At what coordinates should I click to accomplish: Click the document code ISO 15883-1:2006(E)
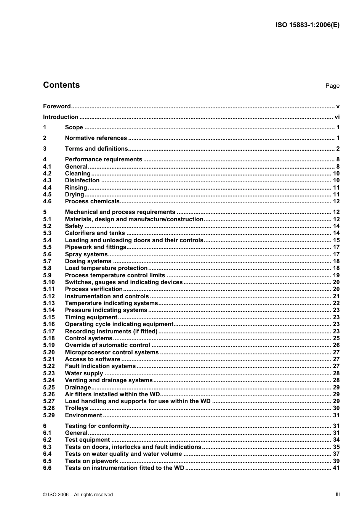[x=307, y=25]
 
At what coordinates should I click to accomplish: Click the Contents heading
[x=61, y=85]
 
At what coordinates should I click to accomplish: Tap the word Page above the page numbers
[x=332, y=86]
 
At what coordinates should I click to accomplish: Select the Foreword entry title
[x=57, y=106]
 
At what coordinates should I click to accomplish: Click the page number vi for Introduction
[x=337, y=117]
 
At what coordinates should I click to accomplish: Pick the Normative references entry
[x=96, y=138]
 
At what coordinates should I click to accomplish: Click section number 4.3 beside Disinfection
[x=47, y=180]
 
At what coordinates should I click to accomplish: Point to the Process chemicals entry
[x=92, y=201]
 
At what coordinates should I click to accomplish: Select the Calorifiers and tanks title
[x=95, y=233]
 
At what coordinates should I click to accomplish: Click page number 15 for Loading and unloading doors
[x=336, y=240]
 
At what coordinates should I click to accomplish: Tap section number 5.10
[x=49, y=282]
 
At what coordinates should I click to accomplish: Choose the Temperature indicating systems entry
[x=111, y=303]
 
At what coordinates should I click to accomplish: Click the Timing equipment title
[x=91, y=317]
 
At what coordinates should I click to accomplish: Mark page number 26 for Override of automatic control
[x=336, y=345]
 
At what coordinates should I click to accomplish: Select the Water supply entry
[x=84, y=373]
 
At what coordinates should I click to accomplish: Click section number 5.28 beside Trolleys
[x=49, y=408]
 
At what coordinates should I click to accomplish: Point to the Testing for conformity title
[x=97, y=426]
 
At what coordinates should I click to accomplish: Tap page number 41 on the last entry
[x=336, y=468]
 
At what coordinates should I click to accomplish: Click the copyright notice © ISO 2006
[x=78, y=495]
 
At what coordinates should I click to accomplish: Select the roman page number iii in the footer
[x=338, y=494]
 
